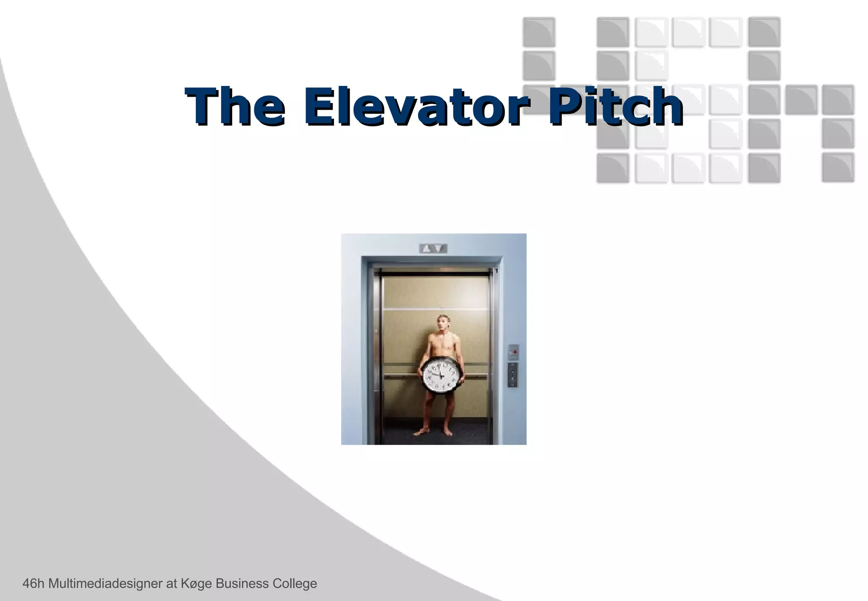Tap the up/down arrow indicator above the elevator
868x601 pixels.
(x=433, y=249)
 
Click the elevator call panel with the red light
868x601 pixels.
(x=513, y=351)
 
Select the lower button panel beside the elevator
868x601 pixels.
(x=513, y=375)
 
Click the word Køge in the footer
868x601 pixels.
(x=196, y=584)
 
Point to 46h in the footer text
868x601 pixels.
(x=33, y=584)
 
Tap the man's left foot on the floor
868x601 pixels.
(x=447, y=432)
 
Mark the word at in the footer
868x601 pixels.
(x=172, y=584)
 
